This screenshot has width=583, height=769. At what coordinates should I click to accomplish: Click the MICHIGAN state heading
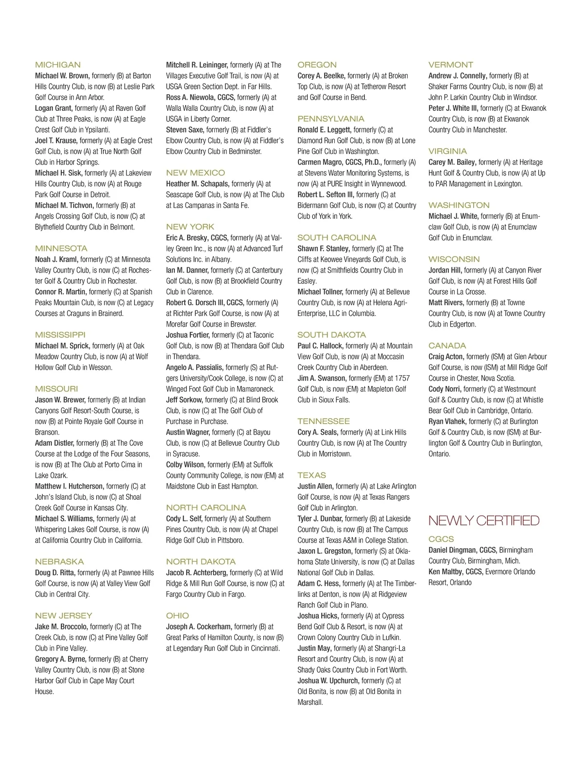(x=58, y=65)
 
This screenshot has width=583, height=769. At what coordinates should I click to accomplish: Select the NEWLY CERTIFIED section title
(x=484, y=521)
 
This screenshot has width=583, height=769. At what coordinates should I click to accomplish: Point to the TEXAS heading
(x=311, y=475)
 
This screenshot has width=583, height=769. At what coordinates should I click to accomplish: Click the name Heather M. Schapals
(x=198, y=184)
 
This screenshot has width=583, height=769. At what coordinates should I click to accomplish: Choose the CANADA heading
(x=447, y=346)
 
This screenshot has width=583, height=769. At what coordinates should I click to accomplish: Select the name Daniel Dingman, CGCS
(x=462, y=550)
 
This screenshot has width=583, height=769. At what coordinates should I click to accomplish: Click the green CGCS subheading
(x=441, y=539)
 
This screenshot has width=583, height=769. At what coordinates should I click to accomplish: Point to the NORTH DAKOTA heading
(x=201, y=561)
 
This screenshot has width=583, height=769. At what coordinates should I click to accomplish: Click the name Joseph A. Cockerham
(x=199, y=627)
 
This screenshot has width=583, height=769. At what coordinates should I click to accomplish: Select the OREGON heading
(x=317, y=65)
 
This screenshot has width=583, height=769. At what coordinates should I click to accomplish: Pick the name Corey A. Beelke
(x=321, y=76)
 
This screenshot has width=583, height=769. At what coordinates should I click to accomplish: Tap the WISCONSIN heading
(x=454, y=259)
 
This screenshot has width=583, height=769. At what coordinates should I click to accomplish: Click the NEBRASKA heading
(x=59, y=561)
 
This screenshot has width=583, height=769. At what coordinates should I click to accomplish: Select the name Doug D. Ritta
(x=55, y=573)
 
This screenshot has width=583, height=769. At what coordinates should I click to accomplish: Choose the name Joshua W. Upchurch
(x=328, y=681)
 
